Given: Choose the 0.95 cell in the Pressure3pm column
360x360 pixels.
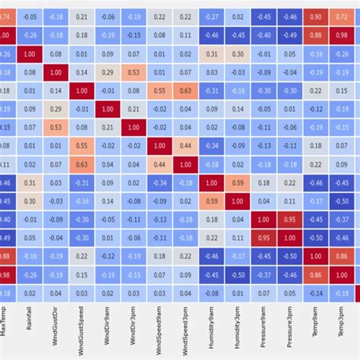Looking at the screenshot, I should click(290, 219).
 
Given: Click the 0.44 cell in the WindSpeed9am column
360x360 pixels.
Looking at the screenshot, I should click(159, 163).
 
